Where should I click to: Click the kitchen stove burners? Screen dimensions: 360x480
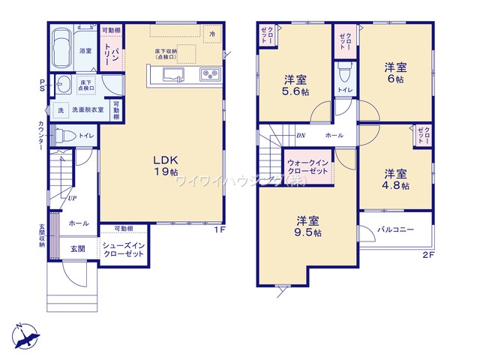tap(208, 75)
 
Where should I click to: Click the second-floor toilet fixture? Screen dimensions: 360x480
tap(344, 73)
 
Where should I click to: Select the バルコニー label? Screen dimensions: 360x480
tap(395, 230)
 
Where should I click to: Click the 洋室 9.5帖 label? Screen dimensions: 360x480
tap(308, 226)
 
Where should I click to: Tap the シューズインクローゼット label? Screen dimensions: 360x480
tap(125, 250)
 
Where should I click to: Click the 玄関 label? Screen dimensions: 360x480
tap(77, 247)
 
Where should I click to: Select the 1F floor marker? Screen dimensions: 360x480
tap(219, 229)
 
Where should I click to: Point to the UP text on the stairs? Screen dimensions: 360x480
tap(72, 199)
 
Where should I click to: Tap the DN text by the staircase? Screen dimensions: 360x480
tap(300, 136)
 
